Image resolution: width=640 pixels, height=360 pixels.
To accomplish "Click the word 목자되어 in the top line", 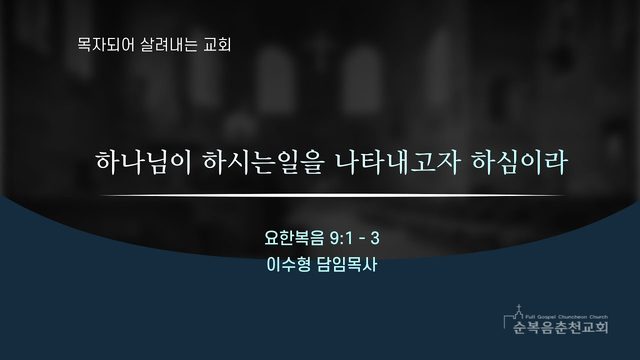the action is point(105,44).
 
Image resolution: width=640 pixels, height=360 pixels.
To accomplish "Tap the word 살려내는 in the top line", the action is point(169,44).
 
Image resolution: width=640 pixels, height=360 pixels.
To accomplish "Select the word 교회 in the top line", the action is point(217,44).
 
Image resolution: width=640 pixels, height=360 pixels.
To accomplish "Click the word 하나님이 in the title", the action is point(144,162).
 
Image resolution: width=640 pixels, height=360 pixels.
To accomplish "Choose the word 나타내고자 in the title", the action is point(398,162).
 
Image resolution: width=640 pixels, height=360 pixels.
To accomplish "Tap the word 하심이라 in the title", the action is point(519,162).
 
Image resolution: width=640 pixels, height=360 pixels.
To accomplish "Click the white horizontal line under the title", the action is point(333,196).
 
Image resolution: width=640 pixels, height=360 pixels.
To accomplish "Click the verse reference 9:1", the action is point(341,238).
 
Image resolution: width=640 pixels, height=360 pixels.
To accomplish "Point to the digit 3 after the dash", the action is point(375,238).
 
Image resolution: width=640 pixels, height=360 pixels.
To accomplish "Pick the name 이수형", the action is point(288,265).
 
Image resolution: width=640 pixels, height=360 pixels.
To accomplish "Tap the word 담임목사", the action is point(347,265).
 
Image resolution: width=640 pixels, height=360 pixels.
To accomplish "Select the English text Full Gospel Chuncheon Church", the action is point(567,317).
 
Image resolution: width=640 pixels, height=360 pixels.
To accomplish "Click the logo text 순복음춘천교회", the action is point(560,327).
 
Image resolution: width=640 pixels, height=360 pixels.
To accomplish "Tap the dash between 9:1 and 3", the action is point(362,239).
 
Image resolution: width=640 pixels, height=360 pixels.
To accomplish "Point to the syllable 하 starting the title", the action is point(108,162).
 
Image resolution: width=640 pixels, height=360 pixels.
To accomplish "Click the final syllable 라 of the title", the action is point(556,162).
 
